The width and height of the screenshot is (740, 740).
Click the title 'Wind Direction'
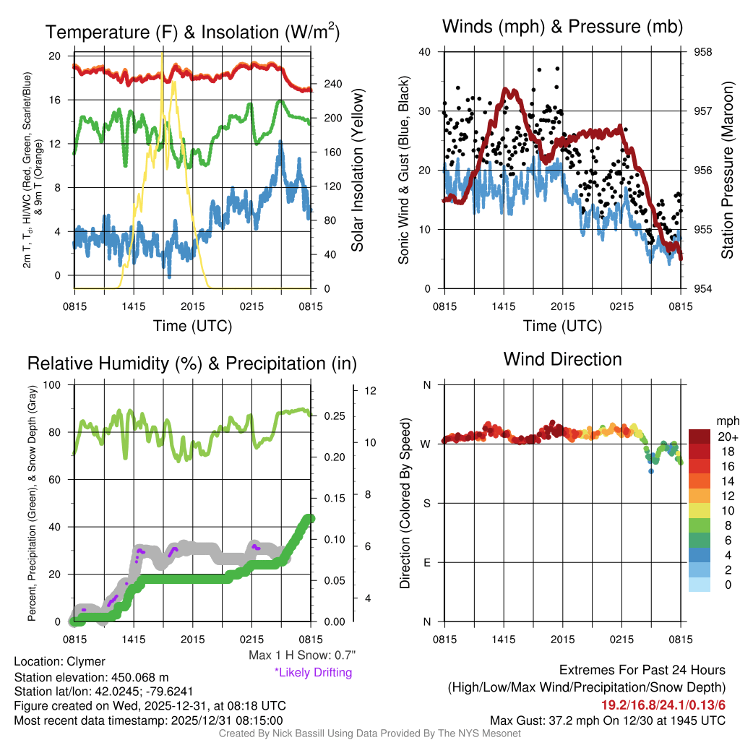(x=562, y=359)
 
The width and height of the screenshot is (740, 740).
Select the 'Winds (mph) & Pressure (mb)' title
(x=562, y=27)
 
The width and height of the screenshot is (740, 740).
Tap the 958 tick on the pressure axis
(x=703, y=52)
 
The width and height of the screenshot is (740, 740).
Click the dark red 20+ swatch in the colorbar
(x=701, y=436)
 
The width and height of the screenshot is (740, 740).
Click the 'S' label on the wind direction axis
(x=426, y=503)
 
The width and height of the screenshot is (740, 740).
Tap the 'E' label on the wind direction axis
(x=426, y=562)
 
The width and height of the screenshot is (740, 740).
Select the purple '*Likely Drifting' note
(x=313, y=673)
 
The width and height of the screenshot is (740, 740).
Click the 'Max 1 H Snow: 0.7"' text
(x=301, y=655)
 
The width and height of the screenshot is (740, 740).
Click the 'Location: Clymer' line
(x=59, y=662)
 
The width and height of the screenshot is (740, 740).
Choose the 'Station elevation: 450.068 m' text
(x=91, y=677)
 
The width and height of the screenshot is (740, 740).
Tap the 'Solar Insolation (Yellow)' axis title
(x=357, y=171)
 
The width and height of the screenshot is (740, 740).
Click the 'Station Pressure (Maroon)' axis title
(x=727, y=171)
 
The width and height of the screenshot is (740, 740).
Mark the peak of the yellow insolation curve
(x=162, y=55)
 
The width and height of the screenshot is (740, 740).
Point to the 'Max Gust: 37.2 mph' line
(x=607, y=720)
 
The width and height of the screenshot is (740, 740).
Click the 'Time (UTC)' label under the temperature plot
(x=192, y=326)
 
